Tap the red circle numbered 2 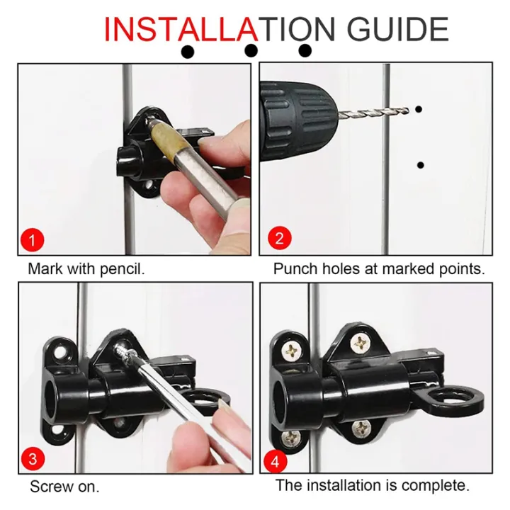(279, 237)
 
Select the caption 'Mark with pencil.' (86, 269)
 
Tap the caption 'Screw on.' (64, 487)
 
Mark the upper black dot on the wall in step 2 (419, 110)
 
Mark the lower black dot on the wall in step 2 (421, 165)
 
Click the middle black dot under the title (250, 51)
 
